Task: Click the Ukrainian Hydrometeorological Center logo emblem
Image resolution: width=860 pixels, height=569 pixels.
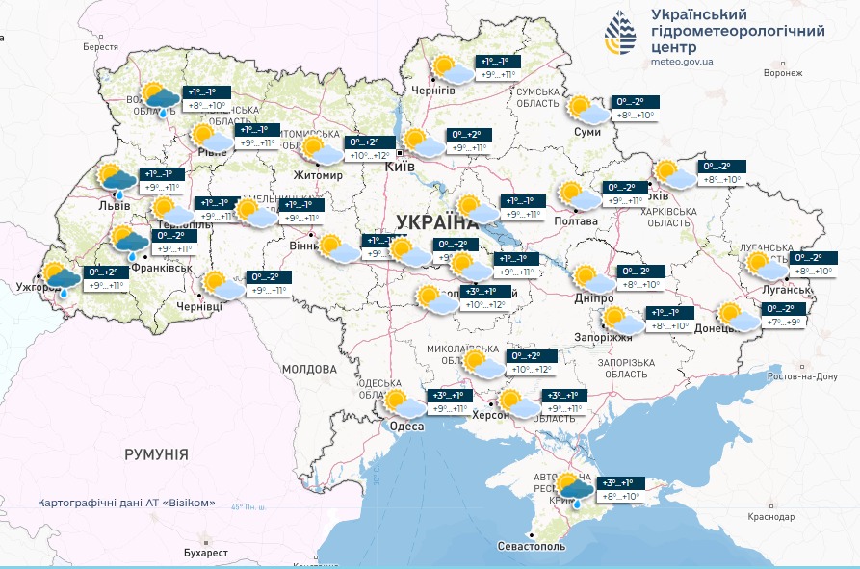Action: tap(620, 35)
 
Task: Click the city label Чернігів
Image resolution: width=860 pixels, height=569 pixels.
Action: tap(433, 89)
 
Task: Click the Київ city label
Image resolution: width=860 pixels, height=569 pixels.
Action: tap(399, 167)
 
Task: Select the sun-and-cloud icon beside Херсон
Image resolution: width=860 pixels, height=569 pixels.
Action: tap(519, 403)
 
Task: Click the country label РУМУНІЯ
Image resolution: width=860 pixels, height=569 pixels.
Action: tap(156, 453)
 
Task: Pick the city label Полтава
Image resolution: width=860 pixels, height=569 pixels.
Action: tap(576, 220)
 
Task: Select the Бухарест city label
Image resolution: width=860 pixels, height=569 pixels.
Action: tap(205, 553)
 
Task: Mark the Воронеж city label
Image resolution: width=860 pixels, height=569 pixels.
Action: tap(782, 73)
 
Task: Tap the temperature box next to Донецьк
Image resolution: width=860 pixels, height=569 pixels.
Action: tap(783, 315)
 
